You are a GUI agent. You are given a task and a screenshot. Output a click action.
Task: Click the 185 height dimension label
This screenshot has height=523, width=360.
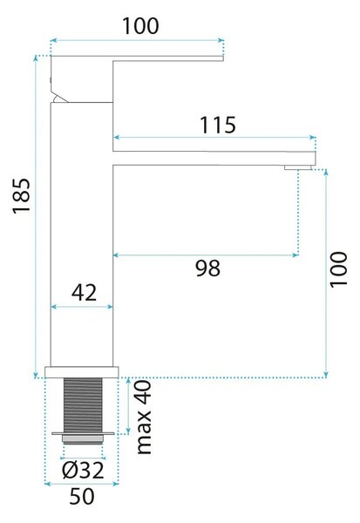[x=22, y=195]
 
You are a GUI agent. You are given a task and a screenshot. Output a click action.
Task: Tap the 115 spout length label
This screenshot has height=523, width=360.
[x=218, y=125]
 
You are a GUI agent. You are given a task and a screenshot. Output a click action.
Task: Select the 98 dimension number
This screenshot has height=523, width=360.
[x=207, y=268]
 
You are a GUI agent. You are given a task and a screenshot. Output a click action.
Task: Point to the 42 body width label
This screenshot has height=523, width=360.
[x=84, y=293]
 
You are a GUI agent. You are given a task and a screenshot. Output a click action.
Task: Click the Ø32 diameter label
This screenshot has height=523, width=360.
[x=83, y=470]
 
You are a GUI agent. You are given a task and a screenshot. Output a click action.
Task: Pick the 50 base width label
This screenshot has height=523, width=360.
[x=82, y=496]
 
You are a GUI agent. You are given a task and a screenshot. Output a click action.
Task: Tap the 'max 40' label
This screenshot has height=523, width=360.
[x=145, y=417]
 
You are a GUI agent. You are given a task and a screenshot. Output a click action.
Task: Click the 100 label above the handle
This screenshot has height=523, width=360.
[x=140, y=26]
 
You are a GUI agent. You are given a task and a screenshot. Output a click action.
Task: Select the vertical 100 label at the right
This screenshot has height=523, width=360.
[x=339, y=269]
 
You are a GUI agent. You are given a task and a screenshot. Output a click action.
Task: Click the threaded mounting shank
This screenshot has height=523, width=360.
[x=83, y=405]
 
